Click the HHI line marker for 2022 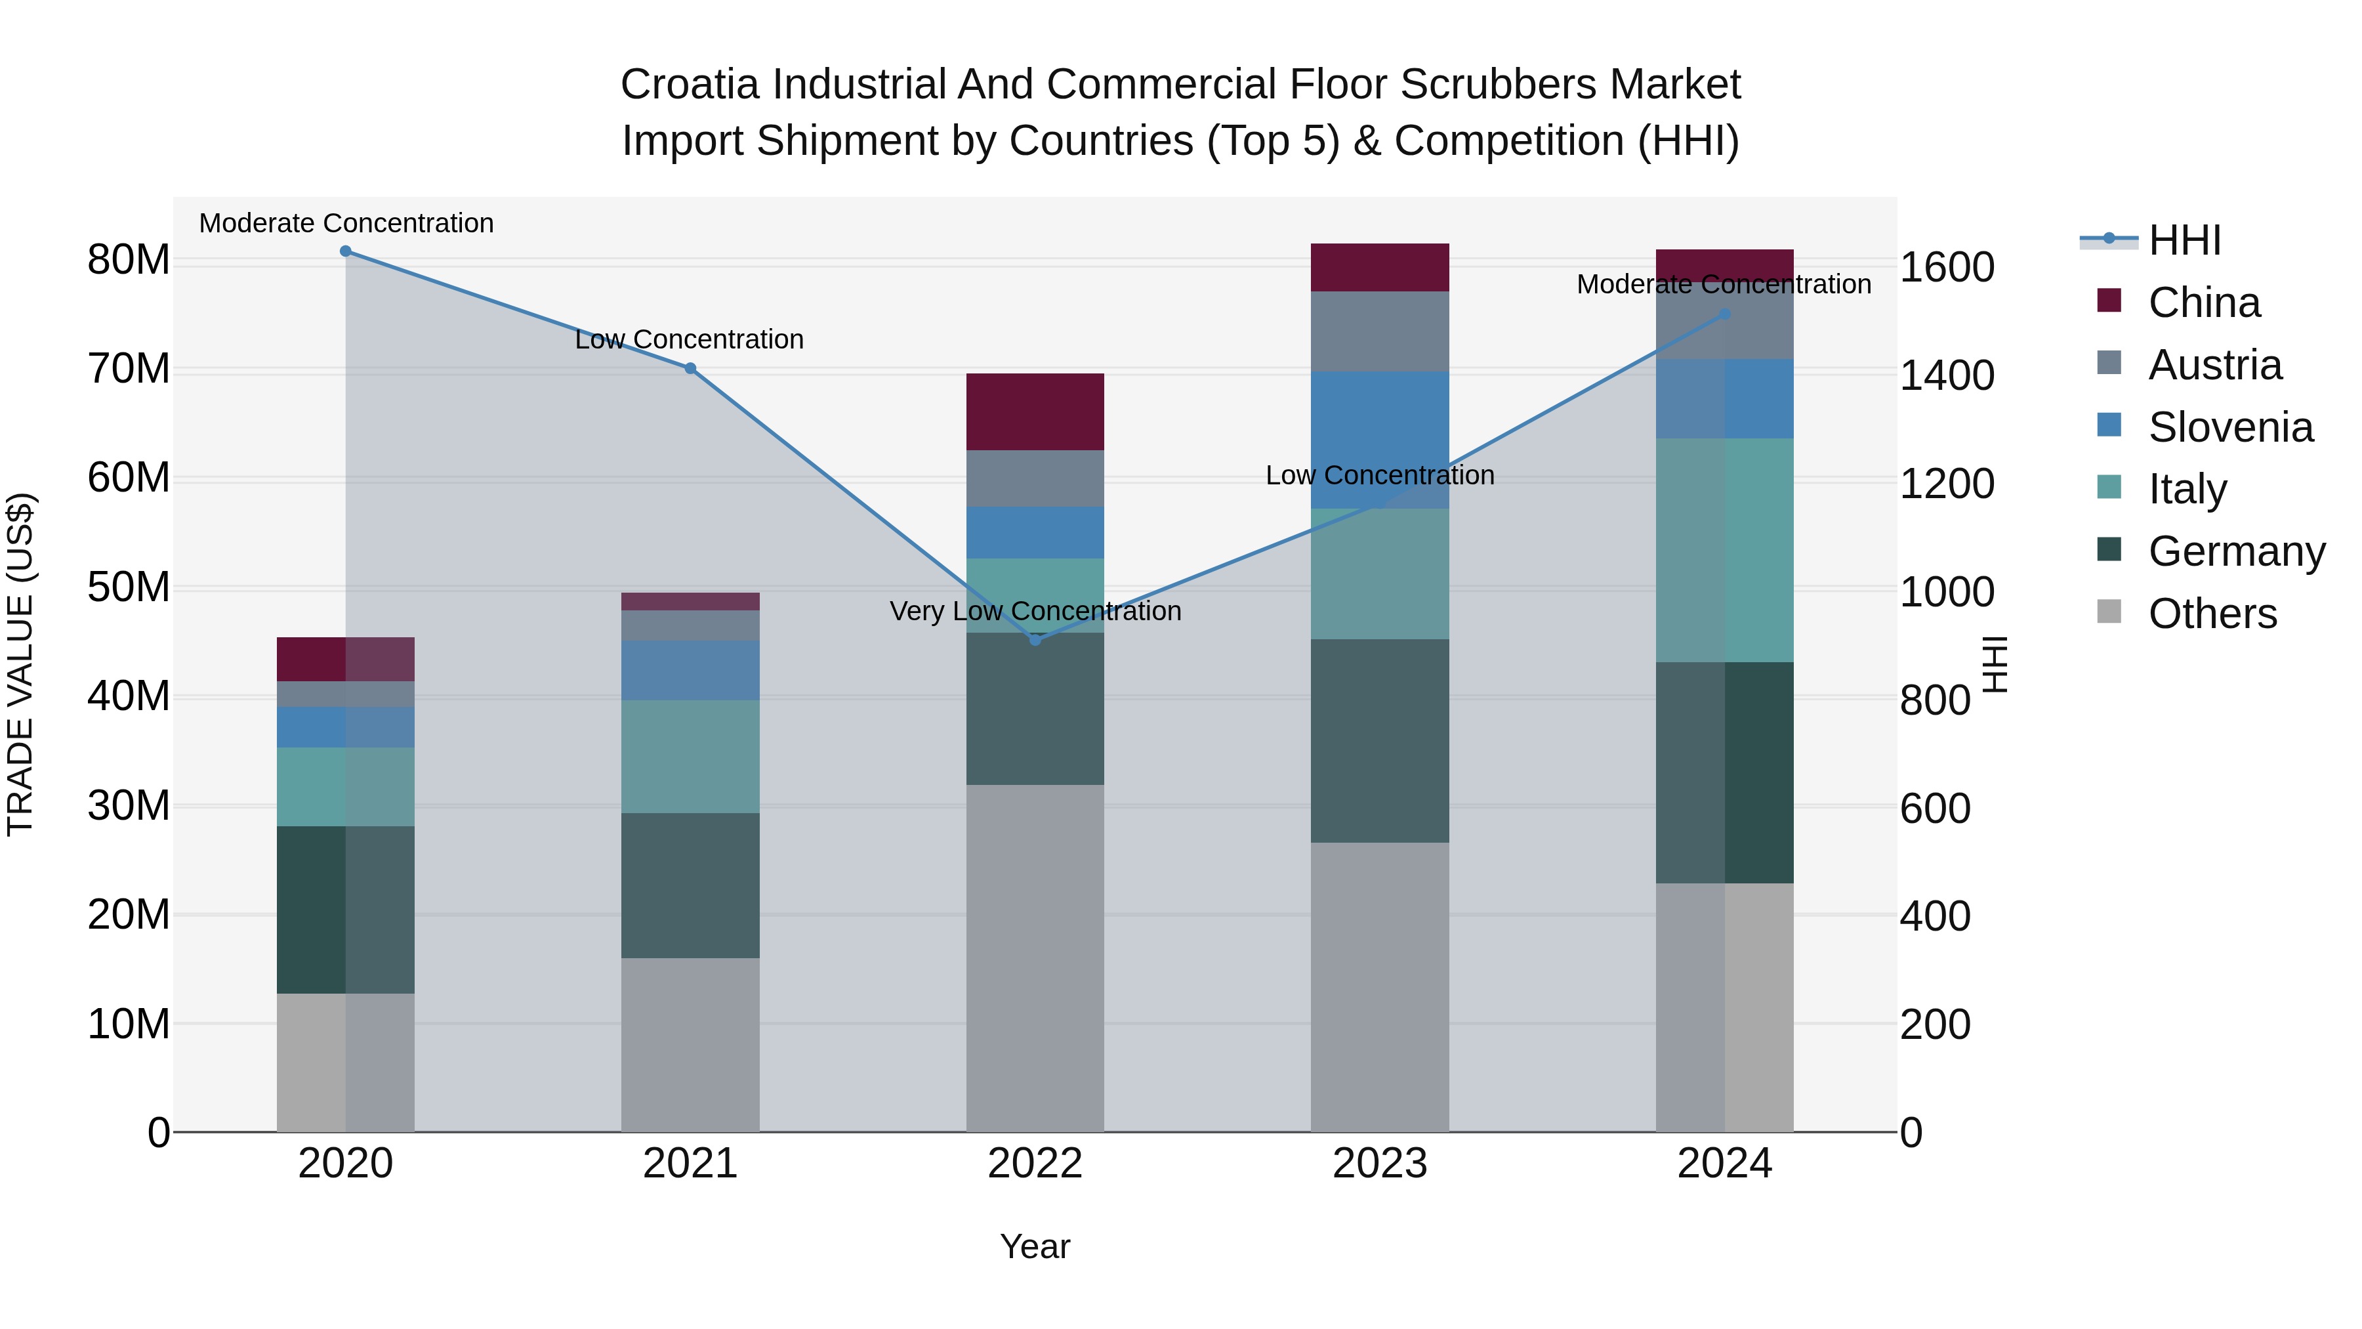coord(1035,639)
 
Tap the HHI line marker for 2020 coord(346,251)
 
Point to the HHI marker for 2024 coord(1725,314)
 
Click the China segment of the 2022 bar coord(1035,411)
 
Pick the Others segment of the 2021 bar coord(690,1045)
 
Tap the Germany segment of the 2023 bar coord(1380,740)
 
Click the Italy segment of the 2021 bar coord(690,757)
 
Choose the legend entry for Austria coord(2214,365)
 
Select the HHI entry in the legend coord(2184,240)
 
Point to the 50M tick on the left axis coord(129,587)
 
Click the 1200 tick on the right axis coord(1947,484)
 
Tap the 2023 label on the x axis coord(1380,1164)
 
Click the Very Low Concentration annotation coord(1035,611)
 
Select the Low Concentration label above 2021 coord(690,339)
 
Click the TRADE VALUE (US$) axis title coord(20,664)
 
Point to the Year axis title coord(1035,1246)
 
